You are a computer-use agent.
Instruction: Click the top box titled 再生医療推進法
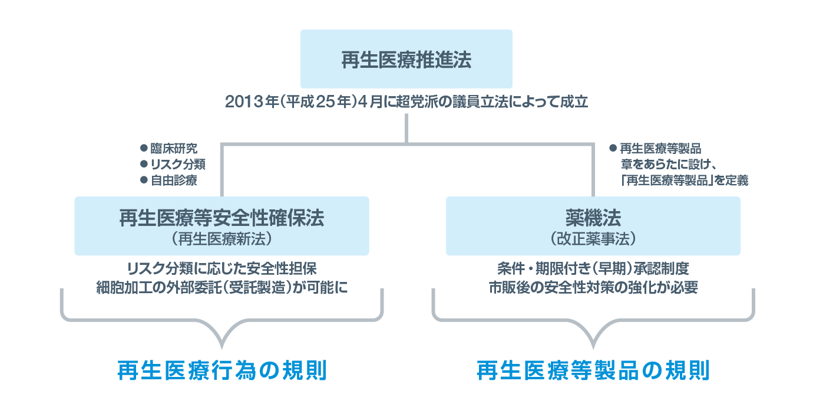coord(406,60)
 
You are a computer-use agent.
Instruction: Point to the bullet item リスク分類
coord(177,165)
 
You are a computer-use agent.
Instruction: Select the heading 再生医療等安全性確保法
coord(222,218)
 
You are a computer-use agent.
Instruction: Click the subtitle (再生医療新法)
coord(222,239)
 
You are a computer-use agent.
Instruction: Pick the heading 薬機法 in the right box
coord(593,218)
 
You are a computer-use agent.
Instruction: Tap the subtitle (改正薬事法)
coord(593,239)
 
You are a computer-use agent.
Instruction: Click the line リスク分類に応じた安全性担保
coord(222,269)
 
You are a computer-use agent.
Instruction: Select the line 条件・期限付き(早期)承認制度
coord(593,269)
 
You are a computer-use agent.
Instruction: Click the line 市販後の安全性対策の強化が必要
coord(593,287)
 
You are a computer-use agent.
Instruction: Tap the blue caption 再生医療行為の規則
coord(222,371)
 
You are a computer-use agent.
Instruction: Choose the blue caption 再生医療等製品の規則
coord(593,371)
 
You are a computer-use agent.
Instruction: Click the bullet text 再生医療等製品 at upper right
coord(660,149)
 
